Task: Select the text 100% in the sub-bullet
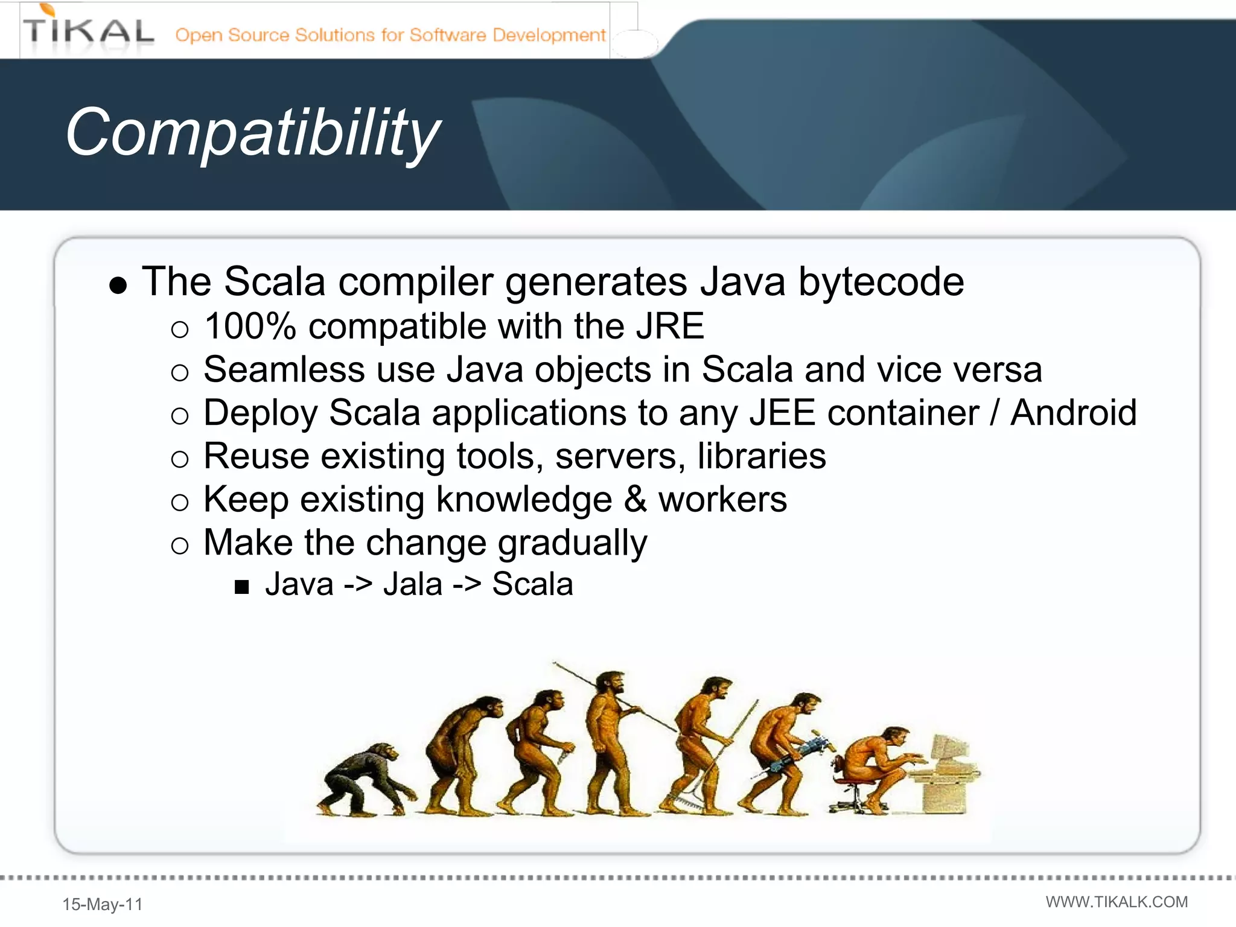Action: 250,327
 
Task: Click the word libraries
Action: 762,456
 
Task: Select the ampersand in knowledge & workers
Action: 635,500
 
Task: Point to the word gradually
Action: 572,543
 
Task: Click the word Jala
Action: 413,584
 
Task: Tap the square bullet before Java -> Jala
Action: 242,587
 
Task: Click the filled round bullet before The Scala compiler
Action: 118,285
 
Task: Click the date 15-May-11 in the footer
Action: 103,904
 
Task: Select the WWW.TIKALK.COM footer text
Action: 1117,902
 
